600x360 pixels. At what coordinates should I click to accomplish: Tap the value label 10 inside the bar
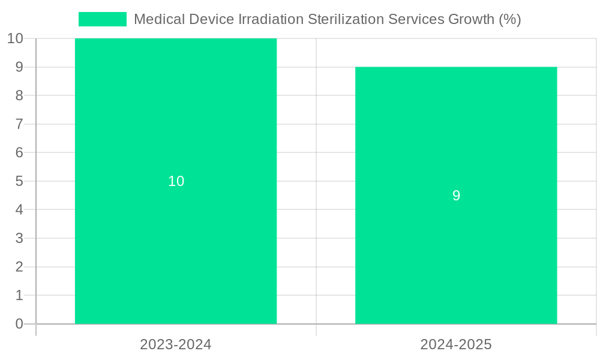176,181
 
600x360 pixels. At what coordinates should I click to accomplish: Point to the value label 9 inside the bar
456,196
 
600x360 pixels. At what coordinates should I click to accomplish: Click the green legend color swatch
103,19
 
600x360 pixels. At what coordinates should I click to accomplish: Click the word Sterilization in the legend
344,19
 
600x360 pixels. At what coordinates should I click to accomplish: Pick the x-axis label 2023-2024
176,344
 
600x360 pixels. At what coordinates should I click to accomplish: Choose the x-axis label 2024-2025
456,344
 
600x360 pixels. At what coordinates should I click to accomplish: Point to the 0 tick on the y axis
19,324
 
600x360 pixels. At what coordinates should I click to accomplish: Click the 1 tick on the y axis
19,295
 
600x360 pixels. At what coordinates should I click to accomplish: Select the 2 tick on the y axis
19,267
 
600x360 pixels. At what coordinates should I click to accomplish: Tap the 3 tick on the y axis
19,238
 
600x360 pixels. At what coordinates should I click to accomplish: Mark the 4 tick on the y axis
19,210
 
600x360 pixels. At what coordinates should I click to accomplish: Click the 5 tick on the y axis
19,181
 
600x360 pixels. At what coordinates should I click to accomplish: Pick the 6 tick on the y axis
19,152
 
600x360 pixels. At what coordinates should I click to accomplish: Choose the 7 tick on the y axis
19,124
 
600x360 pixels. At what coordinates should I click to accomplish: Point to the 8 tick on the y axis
19,95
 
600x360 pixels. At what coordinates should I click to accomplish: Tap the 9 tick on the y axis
19,67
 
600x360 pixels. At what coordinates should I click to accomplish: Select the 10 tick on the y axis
15,38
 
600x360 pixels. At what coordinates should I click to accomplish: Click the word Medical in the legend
159,19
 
